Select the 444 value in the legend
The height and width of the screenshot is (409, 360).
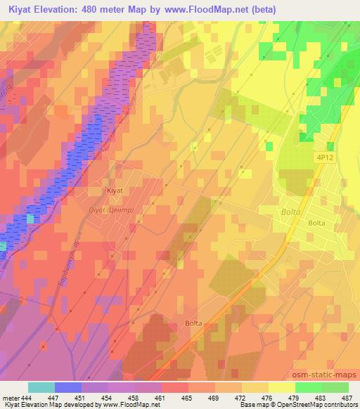coord(27,397)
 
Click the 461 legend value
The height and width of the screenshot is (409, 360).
coord(161,397)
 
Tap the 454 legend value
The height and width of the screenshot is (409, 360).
coord(108,397)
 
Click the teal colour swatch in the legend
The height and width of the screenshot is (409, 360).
coord(41,387)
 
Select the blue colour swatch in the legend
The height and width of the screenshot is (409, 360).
coord(68,387)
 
